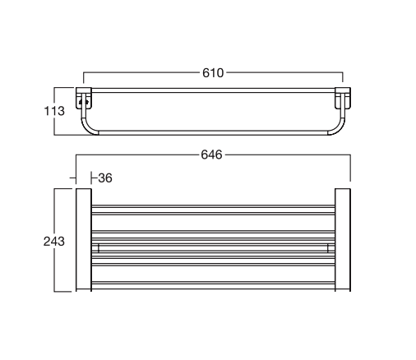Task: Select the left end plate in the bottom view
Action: pos(82,240)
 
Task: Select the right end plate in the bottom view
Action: pos(343,240)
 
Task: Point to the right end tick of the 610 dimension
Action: pos(344,79)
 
